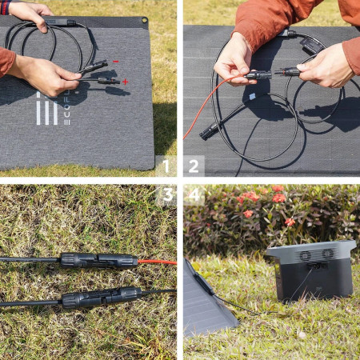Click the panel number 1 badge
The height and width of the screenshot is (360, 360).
pyautogui.click(x=166, y=166)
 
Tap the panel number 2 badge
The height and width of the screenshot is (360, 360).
pyautogui.click(x=194, y=166)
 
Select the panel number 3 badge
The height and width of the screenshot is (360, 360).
pyautogui.click(x=166, y=194)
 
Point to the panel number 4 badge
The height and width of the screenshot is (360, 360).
pyautogui.click(x=194, y=194)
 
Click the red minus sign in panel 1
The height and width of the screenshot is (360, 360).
pyautogui.click(x=115, y=62)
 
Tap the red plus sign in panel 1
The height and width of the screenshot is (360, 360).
pyautogui.click(x=125, y=82)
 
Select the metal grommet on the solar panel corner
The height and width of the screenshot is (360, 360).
pyautogui.click(x=143, y=22)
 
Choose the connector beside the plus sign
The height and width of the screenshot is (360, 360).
pyautogui.click(x=106, y=81)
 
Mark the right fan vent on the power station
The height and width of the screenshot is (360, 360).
pyautogui.click(x=327, y=254)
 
